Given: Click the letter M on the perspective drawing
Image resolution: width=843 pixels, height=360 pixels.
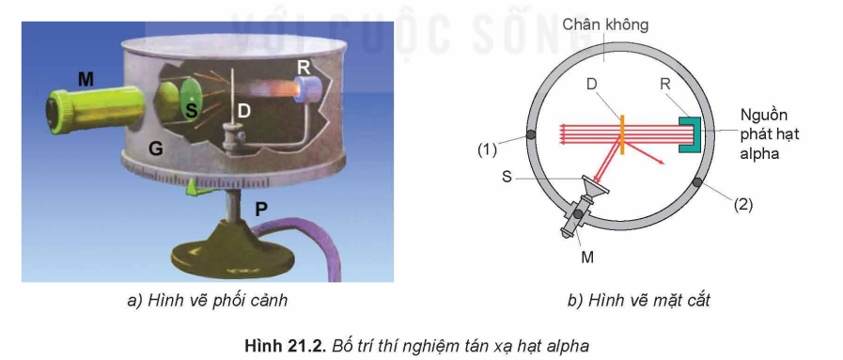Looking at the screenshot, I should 86,80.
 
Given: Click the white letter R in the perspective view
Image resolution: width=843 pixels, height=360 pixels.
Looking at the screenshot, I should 304,66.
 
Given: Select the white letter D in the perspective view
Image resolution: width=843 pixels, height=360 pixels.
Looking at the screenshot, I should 243,110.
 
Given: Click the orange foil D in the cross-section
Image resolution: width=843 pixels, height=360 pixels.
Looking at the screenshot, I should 622,133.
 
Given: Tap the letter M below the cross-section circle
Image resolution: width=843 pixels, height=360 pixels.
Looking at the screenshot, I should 587,255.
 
